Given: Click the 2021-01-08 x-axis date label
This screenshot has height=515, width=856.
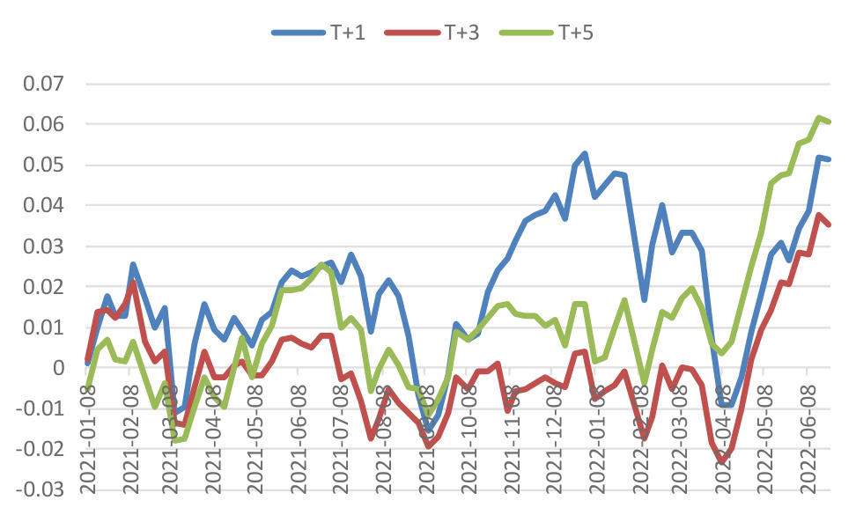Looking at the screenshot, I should [88, 440].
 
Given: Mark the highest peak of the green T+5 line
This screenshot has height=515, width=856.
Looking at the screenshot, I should [819, 117].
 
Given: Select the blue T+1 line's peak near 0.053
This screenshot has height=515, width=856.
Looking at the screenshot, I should [585, 153].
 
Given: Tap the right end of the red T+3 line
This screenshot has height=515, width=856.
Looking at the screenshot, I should [830, 224].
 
